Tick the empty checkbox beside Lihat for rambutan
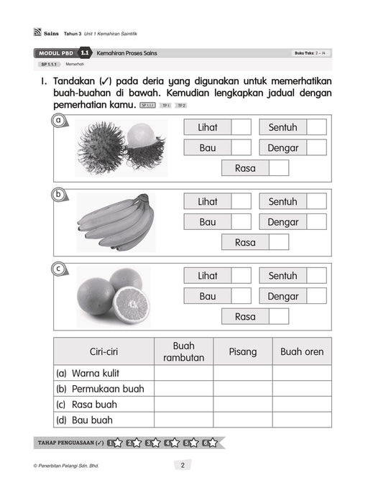coord(241,127)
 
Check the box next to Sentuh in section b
coord(317,202)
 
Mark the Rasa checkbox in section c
coord(279,316)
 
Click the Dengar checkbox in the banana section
coord(317,222)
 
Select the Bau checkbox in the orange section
coord(241,296)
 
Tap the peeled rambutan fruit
coord(147,145)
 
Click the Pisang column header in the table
coord(242,351)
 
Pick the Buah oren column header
coord(302,351)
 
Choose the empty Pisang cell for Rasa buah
coord(242,405)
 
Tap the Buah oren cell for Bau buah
coord(302,420)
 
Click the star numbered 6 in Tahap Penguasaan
coord(210,443)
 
